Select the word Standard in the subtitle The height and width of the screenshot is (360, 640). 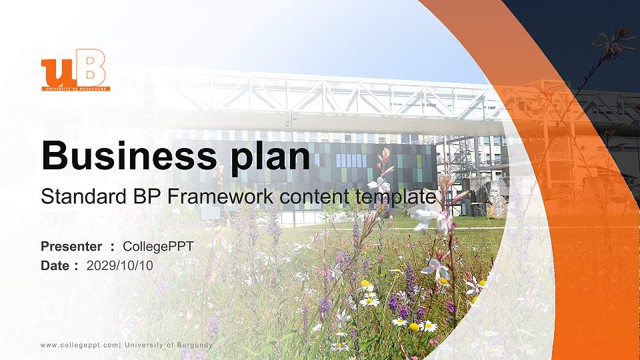tap(75, 197)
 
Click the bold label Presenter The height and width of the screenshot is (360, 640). tap(71, 247)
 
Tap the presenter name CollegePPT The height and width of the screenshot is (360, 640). tap(158, 247)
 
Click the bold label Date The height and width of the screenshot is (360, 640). tap(55, 265)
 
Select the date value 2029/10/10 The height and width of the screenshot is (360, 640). tap(120, 265)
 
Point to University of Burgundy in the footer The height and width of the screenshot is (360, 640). tap(169, 345)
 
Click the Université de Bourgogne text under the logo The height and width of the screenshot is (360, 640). tap(75, 88)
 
